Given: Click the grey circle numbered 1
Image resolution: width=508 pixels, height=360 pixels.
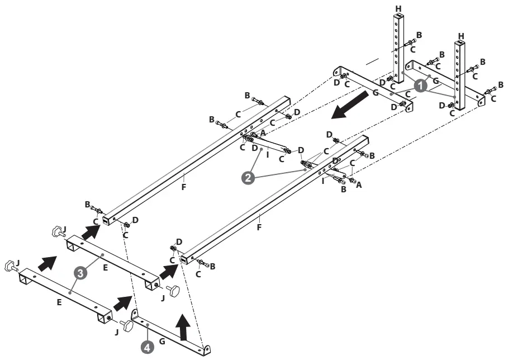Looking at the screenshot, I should (x=421, y=85).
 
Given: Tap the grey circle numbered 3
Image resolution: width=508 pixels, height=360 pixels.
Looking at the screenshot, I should (x=80, y=273).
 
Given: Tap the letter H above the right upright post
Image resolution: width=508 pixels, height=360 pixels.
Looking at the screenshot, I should (x=461, y=35).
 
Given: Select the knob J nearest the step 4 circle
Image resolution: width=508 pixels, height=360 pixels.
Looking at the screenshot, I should (x=129, y=326).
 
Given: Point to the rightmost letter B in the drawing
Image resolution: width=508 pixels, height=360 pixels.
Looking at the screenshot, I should (x=501, y=85).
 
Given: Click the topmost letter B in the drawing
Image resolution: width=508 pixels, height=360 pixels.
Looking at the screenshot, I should (x=419, y=35).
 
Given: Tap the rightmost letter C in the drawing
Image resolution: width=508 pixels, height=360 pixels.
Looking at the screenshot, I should (x=493, y=98).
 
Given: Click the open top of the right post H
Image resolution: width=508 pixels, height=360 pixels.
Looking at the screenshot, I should (x=460, y=43).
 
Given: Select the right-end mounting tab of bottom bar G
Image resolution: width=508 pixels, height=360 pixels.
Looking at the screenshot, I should (x=207, y=349).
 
